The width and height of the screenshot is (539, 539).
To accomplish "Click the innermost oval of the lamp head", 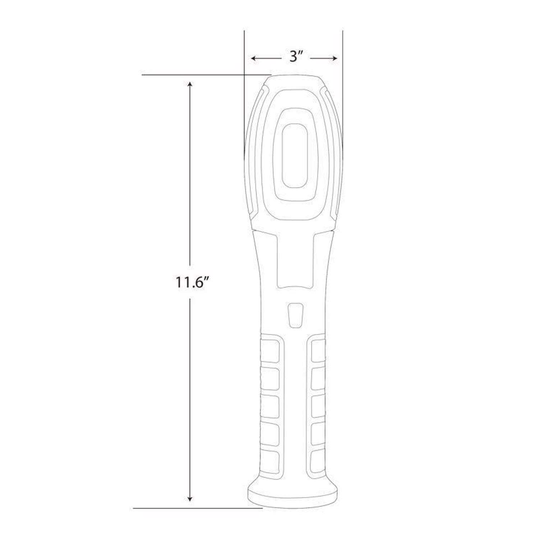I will [295, 156].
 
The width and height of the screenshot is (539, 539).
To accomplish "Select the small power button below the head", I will [295, 315].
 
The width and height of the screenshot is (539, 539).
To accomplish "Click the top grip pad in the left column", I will [270, 350].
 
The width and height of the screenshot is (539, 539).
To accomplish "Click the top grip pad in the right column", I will [318, 350].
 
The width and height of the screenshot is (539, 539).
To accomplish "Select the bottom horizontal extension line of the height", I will [198, 508].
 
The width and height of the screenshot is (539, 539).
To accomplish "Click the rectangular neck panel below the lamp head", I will [295, 259].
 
